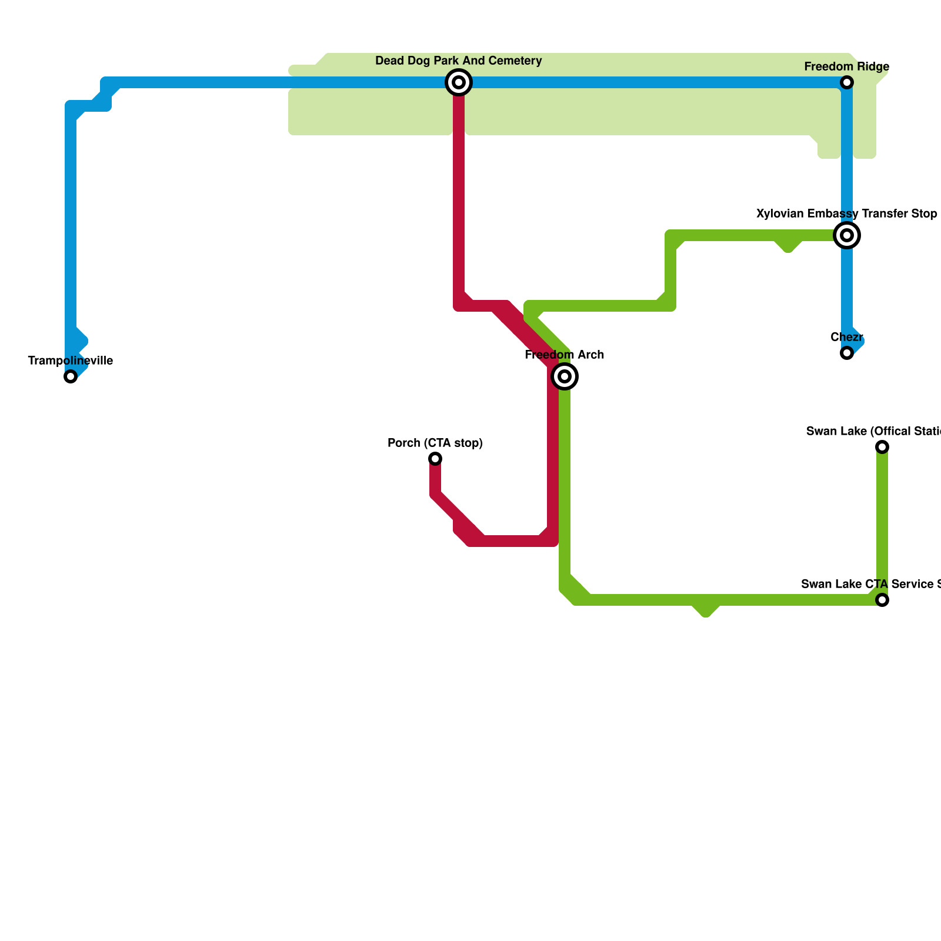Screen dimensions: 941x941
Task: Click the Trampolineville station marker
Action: point(71,376)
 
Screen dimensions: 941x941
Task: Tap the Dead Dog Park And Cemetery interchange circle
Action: point(459,82)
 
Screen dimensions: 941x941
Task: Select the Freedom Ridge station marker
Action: point(847,82)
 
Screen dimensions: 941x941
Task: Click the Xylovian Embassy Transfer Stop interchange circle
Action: point(847,235)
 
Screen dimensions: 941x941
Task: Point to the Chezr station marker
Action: point(847,353)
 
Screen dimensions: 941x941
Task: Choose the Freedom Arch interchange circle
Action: point(565,376)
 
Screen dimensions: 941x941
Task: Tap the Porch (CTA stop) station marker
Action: point(435,459)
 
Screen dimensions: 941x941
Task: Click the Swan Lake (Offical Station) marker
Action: point(882,447)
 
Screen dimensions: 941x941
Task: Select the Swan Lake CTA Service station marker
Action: point(882,600)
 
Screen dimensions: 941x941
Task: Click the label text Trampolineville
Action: point(71,361)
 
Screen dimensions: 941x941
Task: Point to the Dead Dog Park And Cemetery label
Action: point(459,61)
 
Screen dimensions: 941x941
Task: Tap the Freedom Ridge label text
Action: point(847,67)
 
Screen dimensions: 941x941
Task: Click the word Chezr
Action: point(847,338)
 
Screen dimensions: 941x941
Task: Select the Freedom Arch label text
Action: point(565,355)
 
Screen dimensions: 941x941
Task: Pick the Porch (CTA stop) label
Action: point(435,443)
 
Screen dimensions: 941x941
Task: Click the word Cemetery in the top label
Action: point(517,61)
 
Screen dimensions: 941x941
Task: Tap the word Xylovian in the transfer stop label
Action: point(780,214)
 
